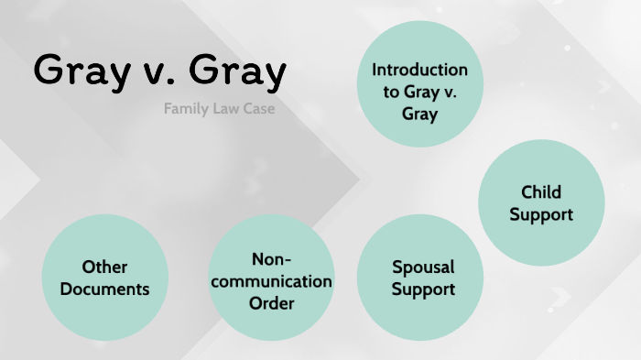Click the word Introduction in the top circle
(x=419, y=70)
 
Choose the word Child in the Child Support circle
(x=541, y=192)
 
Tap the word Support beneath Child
(x=541, y=214)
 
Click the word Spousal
(x=424, y=267)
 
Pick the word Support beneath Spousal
(x=424, y=289)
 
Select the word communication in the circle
(x=272, y=280)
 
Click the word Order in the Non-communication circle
(x=272, y=302)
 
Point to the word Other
(x=105, y=267)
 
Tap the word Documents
(x=105, y=289)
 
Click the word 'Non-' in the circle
(x=272, y=258)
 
